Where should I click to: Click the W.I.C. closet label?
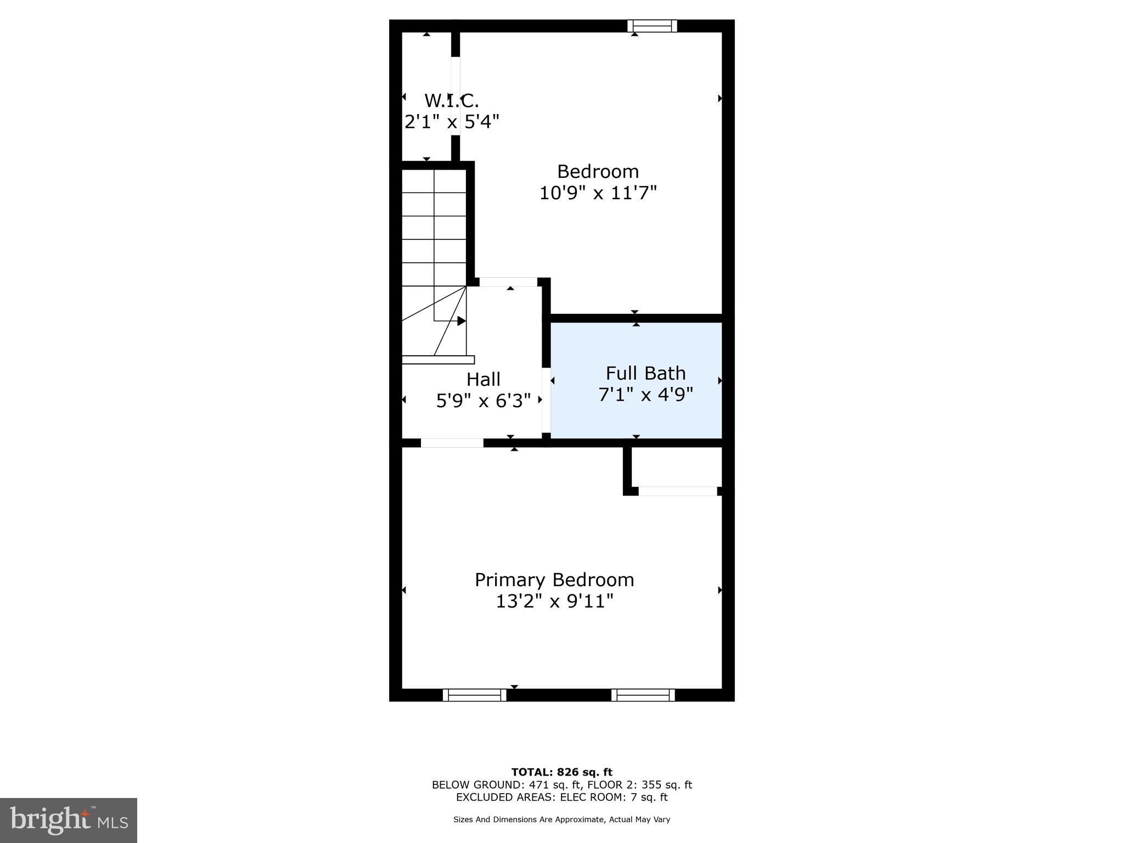pos(451,101)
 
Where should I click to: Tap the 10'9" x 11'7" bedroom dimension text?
pos(598,193)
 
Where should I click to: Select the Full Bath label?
pos(645,373)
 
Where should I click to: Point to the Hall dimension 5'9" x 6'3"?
pos(483,401)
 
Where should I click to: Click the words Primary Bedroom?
pos(554,580)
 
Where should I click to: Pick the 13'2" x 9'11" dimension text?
pos(554,602)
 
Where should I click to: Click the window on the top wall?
pos(652,26)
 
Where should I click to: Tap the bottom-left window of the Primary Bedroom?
pos(475,695)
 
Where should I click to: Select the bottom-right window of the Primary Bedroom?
pos(643,695)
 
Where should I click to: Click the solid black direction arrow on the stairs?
pos(462,321)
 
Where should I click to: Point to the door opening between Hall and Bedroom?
pos(508,282)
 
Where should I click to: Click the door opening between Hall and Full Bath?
pos(546,400)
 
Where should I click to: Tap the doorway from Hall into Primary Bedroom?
pos(452,443)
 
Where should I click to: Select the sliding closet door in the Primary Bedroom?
pos(678,491)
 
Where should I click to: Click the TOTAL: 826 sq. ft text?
pos(561,772)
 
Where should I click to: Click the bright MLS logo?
pos(69,820)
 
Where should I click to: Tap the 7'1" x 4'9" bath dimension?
pos(645,395)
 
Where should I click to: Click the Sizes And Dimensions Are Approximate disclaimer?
pos(561,819)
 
